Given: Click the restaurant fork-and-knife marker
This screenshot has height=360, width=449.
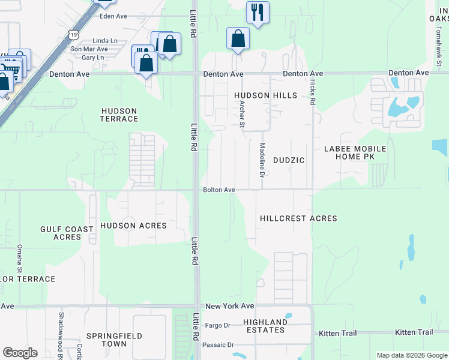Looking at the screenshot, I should (x=258, y=12).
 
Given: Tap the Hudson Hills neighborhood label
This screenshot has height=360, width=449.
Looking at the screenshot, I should (x=265, y=95).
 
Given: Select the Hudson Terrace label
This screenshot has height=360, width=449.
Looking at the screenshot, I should (x=119, y=115).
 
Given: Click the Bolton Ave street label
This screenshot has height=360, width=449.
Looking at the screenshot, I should (x=218, y=190).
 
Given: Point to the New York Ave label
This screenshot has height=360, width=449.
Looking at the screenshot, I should (x=230, y=306).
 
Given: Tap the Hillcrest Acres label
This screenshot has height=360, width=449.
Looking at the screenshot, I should (x=298, y=218).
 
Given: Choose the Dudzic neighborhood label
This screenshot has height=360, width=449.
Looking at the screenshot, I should (x=289, y=160).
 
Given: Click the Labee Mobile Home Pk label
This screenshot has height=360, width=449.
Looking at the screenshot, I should (x=355, y=152).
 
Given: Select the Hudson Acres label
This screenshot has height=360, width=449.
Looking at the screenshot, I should (x=133, y=225).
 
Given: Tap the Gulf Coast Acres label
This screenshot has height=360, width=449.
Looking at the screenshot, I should (x=67, y=233).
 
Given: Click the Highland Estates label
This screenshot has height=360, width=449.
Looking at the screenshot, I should (x=265, y=326).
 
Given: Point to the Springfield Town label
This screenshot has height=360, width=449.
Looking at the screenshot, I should (x=106, y=340).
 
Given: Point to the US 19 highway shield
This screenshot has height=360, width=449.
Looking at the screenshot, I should (x=73, y=35).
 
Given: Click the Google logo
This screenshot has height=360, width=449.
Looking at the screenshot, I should (x=20, y=353).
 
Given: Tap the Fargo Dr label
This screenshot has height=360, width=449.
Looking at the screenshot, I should (x=218, y=325).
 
